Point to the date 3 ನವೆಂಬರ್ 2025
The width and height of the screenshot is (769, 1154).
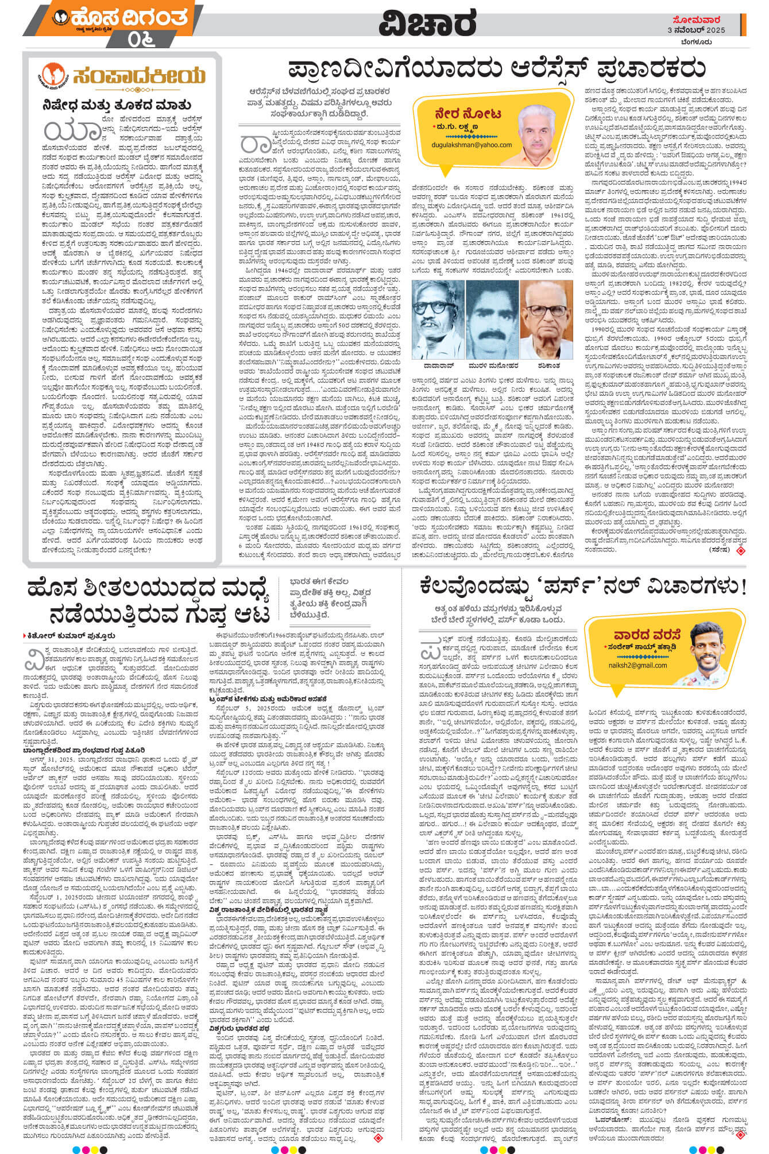coord(696,30)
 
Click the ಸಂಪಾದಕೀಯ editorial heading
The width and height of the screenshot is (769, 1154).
coord(138,75)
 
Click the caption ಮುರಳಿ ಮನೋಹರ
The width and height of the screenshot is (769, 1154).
coord(492,365)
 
